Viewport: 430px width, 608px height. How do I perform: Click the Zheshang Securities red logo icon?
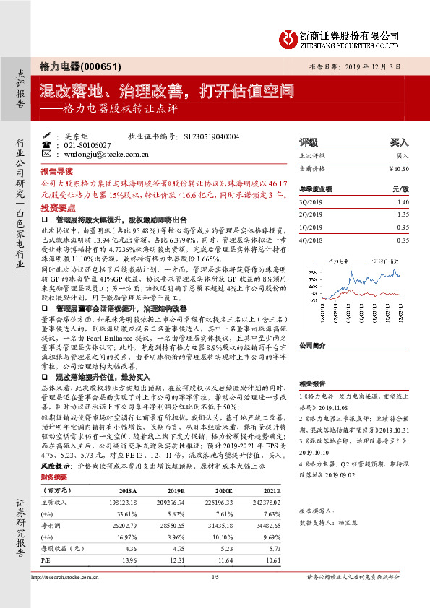tap(289, 36)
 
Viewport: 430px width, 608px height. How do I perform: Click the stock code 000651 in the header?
tap(87, 64)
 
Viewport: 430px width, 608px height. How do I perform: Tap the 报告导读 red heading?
tap(56, 173)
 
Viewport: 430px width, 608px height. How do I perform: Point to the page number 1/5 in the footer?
tap(215, 576)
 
